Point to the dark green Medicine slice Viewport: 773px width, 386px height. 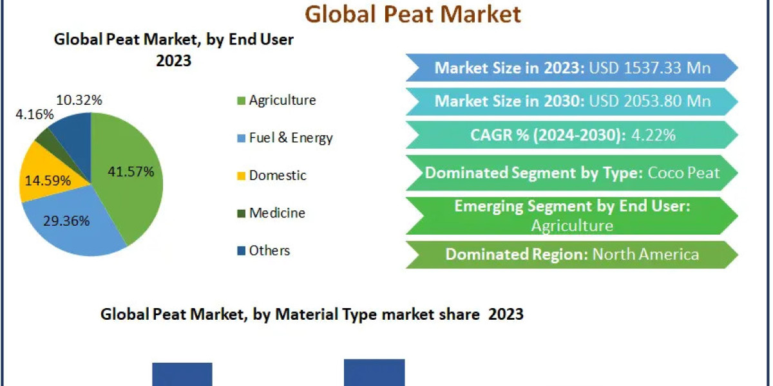[x=44, y=136]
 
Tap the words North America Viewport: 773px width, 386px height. [x=645, y=254]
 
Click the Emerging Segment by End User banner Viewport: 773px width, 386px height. [x=572, y=216]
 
